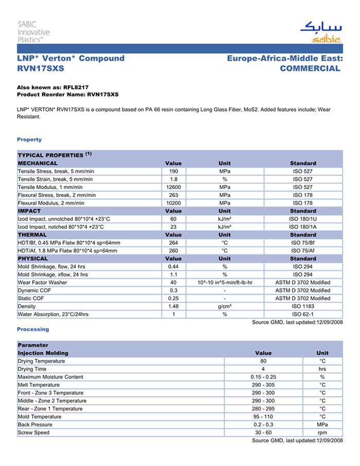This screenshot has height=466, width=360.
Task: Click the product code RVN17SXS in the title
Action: [41, 68]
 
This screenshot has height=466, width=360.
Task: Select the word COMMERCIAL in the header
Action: [310, 68]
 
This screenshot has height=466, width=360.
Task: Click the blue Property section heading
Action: [29, 139]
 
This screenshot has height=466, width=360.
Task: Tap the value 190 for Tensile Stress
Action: [173, 171]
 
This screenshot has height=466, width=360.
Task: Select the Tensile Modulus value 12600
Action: [173, 187]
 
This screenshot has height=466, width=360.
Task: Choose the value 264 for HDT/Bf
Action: [173, 243]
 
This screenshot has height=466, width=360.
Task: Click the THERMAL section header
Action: [32, 235]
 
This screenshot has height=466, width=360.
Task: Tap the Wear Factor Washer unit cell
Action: [225, 282]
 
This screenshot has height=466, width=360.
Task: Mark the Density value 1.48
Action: [173, 307]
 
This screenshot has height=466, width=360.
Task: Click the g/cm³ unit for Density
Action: [225, 307]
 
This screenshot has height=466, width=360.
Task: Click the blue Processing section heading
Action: [33, 329]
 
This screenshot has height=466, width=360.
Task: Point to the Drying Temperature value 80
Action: [263, 361]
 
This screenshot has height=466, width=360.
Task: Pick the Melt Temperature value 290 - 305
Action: [263, 385]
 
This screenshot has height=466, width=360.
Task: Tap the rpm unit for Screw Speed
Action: [322, 433]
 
